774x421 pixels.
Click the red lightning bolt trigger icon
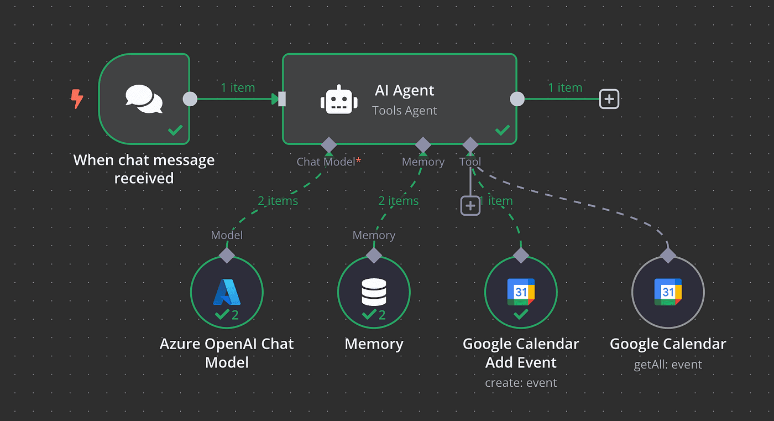click(77, 100)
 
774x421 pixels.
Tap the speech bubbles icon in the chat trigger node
click(144, 99)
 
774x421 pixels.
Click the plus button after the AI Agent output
click(609, 99)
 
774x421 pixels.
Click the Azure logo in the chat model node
click(227, 292)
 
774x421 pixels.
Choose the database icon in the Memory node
click(374, 292)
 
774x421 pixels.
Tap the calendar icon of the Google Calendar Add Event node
click(521, 292)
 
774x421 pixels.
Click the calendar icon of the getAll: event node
click(668, 292)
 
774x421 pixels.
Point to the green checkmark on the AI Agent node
click(502, 131)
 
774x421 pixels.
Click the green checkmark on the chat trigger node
click(175, 131)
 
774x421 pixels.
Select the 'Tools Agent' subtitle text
click(405, 111)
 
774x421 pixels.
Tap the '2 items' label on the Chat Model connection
click(278, 201)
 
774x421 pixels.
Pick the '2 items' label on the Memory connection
click(398, 201)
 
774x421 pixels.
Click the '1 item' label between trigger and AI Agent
click(238, 87)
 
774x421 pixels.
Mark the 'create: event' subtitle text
click(521, 383)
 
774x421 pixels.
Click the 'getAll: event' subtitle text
click(668, 365)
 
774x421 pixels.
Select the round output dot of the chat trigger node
click(190, 99)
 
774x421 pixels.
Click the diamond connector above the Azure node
click(227, 255)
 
